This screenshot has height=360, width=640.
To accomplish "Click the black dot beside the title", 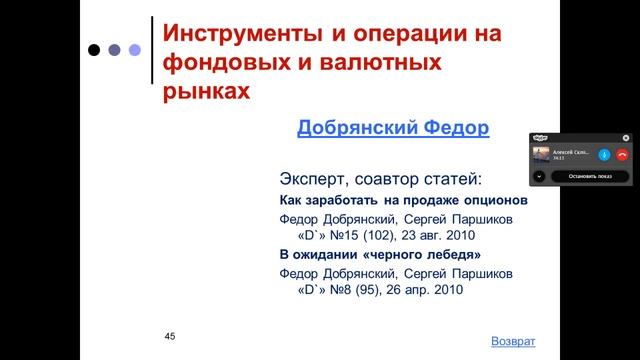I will coord(94,49).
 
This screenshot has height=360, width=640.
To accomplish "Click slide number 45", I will coord(170,336).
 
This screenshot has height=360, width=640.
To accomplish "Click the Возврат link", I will coord(514,341).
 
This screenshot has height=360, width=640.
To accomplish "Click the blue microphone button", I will coord(604,155).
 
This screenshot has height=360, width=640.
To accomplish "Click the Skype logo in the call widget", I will coord(541,139).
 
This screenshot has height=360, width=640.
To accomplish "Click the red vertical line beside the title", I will coord(151,60).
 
